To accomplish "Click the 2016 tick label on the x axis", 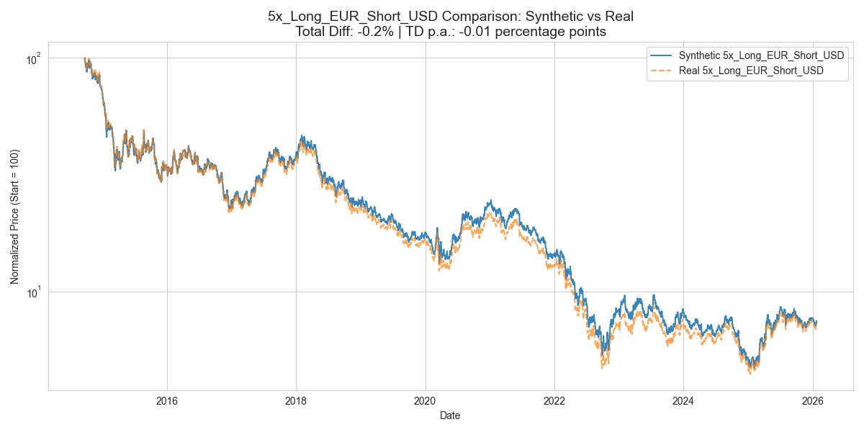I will pyautogui.click(x=166, y=401).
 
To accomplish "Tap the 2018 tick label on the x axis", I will pyautogui.click(x=296, y=401).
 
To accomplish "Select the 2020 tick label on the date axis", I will pyautogui.click(x=425, y=401).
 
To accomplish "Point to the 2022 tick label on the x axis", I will pyautogui.click(x=554, y=401).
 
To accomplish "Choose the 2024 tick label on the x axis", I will pyautogui.click(x=683, y=401).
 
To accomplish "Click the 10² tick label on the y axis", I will pyautogui.click(x=33, y=58).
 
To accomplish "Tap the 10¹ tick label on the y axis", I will pyautogui.click(x=33, y=292).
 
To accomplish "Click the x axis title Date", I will pyautogui.click(x=451, y=415).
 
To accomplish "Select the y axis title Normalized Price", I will pyautogui.click(x=15, y=223).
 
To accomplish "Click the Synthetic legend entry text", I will pyautogui.click(x=751, y=56).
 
